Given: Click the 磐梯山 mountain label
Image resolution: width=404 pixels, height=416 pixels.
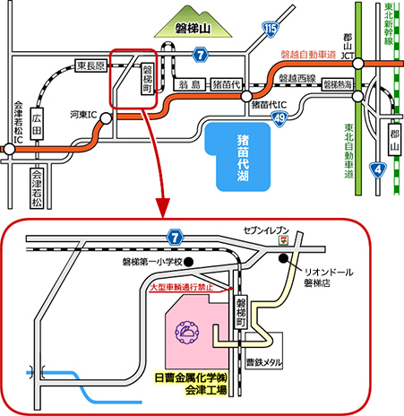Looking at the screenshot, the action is click(x=193, y=29).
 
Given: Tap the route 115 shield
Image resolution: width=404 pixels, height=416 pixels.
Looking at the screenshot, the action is click(x=271, y=30).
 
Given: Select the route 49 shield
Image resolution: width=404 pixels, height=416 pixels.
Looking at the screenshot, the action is click(x=279, y=119).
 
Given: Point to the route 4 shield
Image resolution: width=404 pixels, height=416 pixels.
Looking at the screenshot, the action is click(x=378, y=169).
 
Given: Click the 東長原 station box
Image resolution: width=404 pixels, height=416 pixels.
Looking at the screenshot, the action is click(x=91, y=65).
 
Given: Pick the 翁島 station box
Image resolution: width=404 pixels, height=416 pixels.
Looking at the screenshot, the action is click(x=190, y=84).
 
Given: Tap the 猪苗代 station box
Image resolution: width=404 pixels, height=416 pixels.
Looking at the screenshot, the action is click(x=227, y=84).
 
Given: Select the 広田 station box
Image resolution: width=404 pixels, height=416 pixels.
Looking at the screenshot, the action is click(x=37, y=124).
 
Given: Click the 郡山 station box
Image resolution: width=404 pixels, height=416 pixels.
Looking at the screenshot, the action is click(x=395, y=139).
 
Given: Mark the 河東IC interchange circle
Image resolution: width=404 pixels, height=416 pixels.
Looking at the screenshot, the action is click(x=106, y=118).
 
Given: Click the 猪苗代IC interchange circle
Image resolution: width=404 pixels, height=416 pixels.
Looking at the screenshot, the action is click(x=246, y=97).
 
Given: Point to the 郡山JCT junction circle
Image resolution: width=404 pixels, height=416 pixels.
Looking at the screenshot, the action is click(x=358, y=64).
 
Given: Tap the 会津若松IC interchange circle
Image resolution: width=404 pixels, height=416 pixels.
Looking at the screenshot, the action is click(x=9, y=149).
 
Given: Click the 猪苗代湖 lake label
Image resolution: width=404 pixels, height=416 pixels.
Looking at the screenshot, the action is click(x=243, y=158).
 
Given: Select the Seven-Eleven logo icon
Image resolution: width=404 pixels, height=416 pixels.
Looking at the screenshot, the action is click(x=281, y=240).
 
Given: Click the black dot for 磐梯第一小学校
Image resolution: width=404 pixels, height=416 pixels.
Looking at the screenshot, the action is click(x=188, y=262).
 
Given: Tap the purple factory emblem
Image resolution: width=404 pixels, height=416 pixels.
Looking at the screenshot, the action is click(x=187, y=333).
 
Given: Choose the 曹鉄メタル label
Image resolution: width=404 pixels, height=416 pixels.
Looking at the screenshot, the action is click(x=264, y=363).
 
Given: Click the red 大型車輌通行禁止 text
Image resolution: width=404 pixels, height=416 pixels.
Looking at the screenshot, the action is click(x=182, y=288).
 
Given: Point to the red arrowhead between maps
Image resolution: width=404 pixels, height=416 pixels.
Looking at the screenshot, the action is click(x=162, y=208).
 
